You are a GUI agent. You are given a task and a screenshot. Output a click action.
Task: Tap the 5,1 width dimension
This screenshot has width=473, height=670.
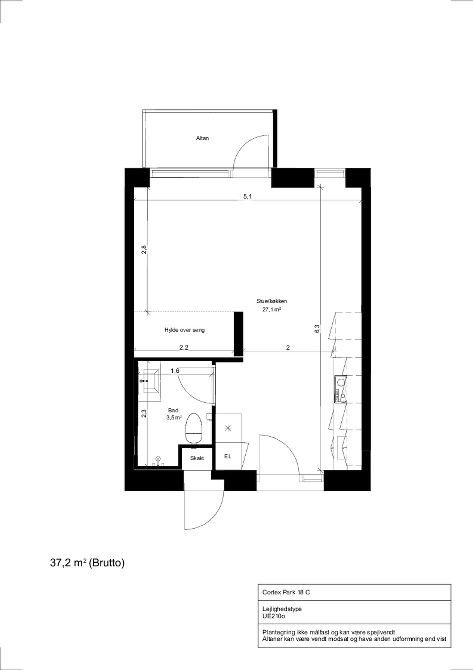[248, 197]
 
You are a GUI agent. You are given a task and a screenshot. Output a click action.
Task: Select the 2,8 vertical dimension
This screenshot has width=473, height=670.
[144, 250]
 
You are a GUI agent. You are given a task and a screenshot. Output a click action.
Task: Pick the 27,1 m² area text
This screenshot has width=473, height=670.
[271, 310]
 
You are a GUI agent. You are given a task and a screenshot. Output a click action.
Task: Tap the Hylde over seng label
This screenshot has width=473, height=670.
[184, 330]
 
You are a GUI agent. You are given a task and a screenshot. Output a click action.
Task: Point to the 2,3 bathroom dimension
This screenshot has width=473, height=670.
[144, 414]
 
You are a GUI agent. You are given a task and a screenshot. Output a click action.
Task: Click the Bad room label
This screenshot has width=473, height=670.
[173, 410]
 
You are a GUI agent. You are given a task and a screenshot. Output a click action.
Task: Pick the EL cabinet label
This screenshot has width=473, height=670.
[228, 456]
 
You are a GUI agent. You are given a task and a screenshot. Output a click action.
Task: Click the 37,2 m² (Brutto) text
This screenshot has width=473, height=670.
[87, 563]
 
